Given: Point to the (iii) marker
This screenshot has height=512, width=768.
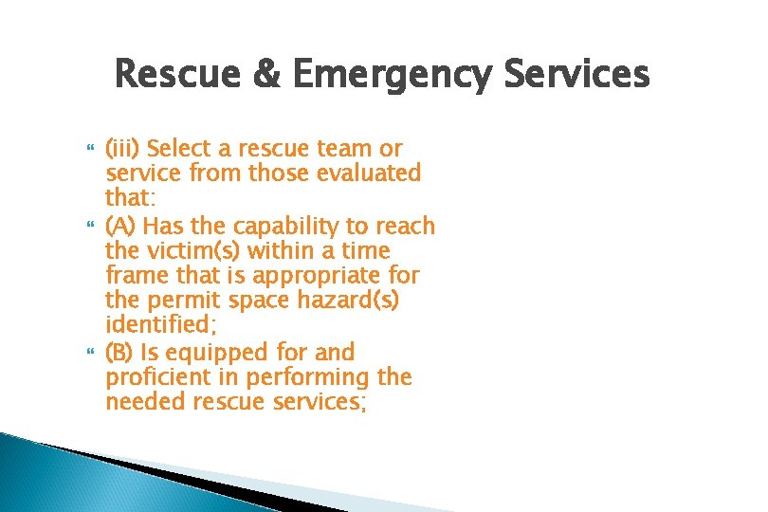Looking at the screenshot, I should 124,149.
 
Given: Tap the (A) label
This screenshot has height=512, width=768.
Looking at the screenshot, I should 120,227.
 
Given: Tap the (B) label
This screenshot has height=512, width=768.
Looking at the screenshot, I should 119,353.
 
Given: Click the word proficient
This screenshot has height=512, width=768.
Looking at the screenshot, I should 155,377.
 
